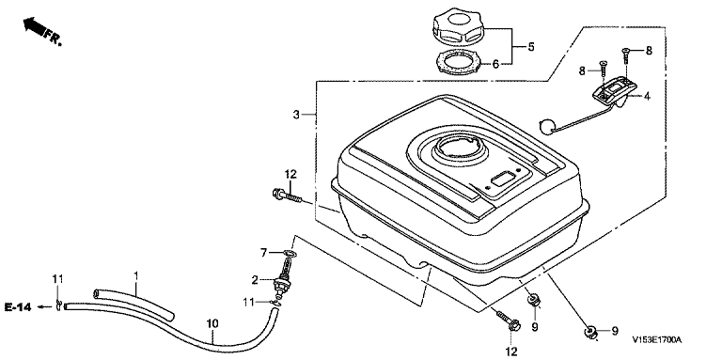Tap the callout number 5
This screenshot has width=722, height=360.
pos(531,46)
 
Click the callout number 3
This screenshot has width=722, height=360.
pos(296,114)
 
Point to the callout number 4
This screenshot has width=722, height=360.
pos(647,97)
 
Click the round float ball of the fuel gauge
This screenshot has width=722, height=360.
pos(546,127)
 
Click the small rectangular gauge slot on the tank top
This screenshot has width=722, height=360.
pos(502,178)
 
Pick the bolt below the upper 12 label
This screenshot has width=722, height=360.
pos(287,196)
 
